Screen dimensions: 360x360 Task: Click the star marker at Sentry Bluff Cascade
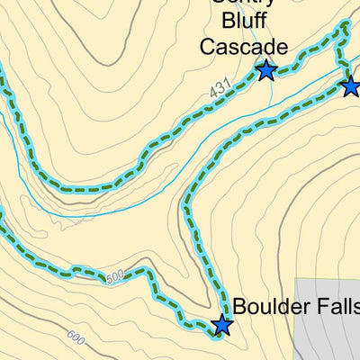[265, 69]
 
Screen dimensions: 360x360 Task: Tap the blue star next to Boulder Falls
[221, 326]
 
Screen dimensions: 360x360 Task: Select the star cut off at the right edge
[351, 86]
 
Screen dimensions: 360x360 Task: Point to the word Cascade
[243, 47]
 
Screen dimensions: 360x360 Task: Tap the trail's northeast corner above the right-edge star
[342, 29]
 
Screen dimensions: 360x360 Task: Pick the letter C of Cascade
[208, 47]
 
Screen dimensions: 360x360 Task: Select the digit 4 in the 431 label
[213, 94]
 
